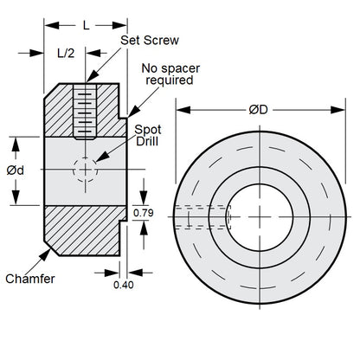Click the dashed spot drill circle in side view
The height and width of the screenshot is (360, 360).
83,170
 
